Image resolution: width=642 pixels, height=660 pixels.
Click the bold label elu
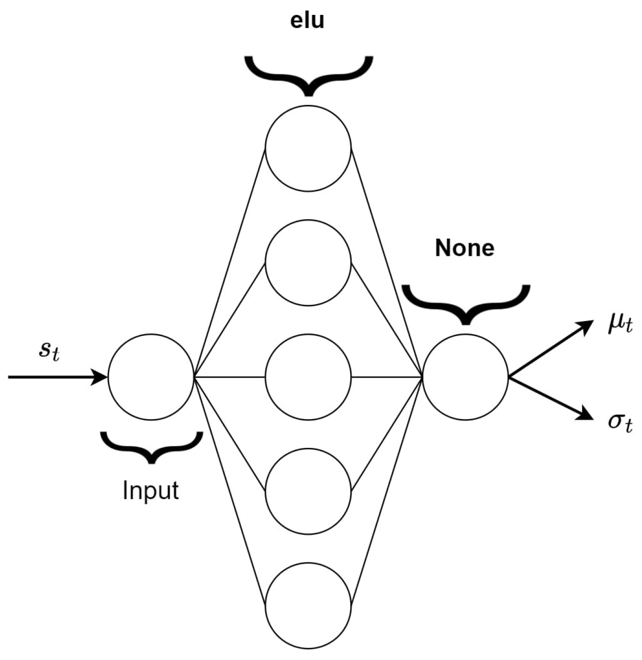tap(307, 21)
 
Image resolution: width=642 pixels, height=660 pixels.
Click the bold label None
tap(464, 248)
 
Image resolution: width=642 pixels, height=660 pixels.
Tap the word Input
tap(151, 490)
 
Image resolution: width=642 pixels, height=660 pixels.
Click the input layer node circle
tap(151, 377)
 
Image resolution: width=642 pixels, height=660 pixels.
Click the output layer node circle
tap(465, 377)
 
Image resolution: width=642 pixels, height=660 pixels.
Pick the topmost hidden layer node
tap(308, 148)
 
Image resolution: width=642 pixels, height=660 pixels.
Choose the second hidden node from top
tap(308, 262)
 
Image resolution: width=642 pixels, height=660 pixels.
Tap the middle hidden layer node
tap(308, 377)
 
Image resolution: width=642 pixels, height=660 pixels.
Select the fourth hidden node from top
tap(308, 491)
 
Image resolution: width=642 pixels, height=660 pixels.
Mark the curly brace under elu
tap(308, 75)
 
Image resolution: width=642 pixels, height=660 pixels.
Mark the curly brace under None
tap(465, 303)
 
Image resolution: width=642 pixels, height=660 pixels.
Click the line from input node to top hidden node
tap(229, 262)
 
